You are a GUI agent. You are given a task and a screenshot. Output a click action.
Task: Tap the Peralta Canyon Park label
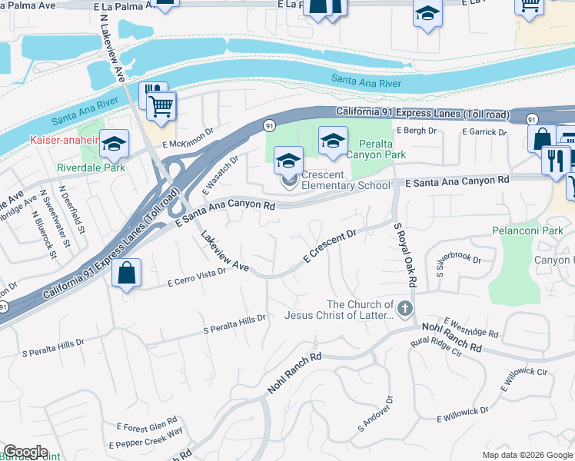click(384, 149)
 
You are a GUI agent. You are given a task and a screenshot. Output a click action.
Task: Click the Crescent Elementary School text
click(346, 180)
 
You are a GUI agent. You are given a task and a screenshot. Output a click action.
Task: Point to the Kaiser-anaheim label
click(65, 140)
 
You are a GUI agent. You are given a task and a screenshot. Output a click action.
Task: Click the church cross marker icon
click(405, 309)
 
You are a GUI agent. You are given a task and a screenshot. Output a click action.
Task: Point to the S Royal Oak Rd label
click(404, 256)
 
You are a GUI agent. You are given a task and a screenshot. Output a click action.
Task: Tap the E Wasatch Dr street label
click(221, 174)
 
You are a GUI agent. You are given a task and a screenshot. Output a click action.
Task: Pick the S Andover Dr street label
click(375, 413)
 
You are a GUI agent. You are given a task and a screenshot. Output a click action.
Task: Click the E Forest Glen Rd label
click(147, 424)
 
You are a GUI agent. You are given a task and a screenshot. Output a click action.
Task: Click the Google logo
click(25, 452)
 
